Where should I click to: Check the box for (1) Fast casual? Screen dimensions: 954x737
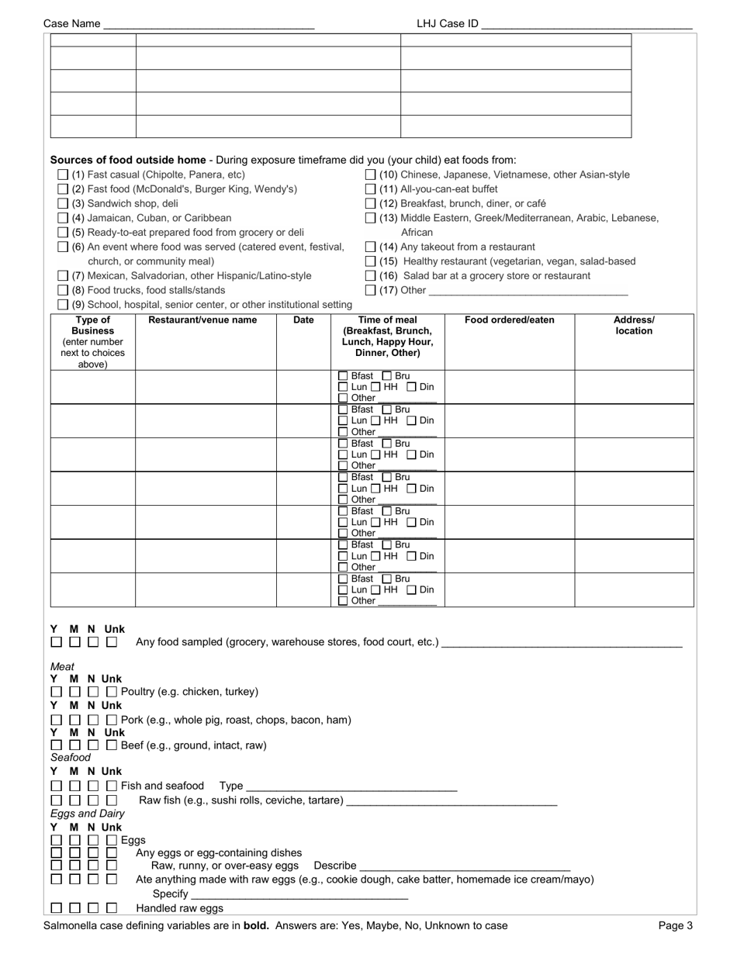[63, 175]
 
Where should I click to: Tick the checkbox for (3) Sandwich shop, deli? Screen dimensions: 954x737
[63, 204]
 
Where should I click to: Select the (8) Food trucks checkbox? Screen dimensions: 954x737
[63, 290]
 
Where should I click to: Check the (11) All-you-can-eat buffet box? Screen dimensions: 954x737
[371, 189]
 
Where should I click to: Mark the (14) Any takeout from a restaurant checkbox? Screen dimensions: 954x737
[371, 247]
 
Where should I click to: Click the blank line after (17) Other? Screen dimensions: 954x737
[528, 292]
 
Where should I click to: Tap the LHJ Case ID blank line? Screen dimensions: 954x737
[586, 25]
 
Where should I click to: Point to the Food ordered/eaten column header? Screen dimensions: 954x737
[510, 320]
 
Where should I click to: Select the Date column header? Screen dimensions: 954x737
[303, 320]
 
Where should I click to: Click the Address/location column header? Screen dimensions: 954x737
[634, 326]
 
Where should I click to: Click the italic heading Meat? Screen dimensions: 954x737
[63, 666]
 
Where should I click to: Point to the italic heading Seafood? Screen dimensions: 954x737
[71, 757]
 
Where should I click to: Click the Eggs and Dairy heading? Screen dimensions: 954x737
[88, 814]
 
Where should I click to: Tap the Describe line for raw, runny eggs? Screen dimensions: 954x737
[465, 866]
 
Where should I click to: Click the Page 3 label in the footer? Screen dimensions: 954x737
[676, 925]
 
